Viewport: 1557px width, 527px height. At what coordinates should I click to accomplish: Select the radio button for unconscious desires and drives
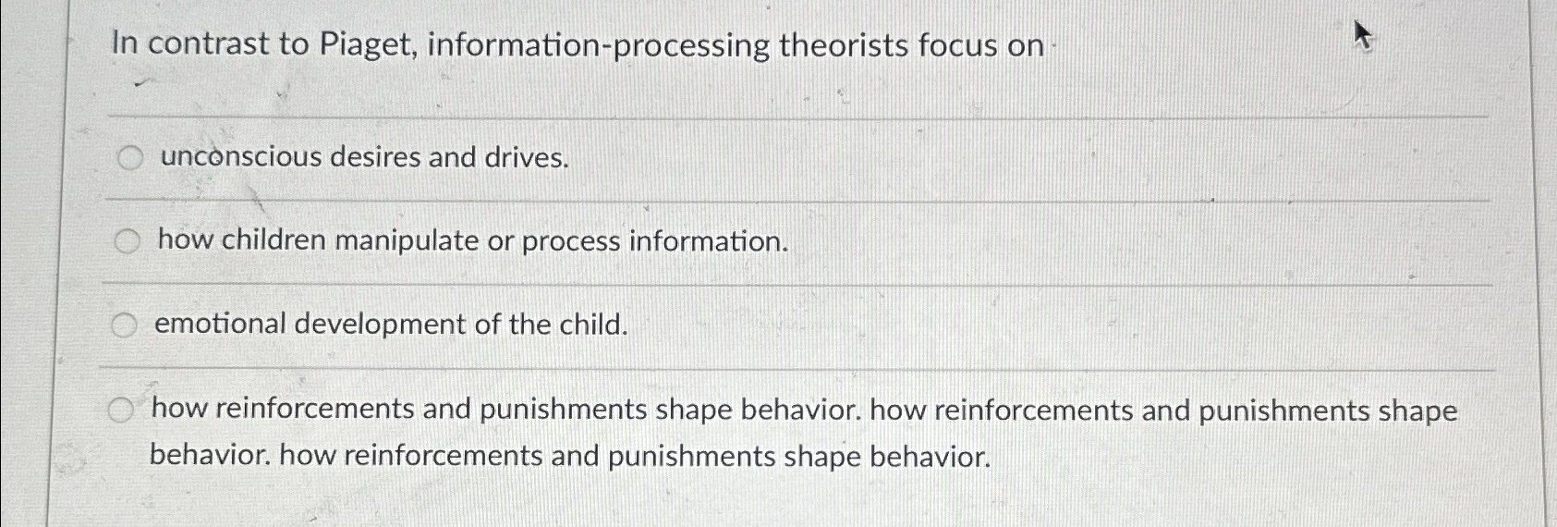coord(130,158)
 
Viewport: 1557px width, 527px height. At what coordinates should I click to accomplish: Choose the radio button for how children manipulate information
coord(128,241)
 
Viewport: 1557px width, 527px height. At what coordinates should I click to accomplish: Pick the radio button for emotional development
coord(124,325)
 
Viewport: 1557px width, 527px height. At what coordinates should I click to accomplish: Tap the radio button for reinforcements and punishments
coord(119,411)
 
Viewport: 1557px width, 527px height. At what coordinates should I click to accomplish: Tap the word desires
coord(375,157)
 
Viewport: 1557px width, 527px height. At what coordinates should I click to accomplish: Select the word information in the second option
coord(709,241)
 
